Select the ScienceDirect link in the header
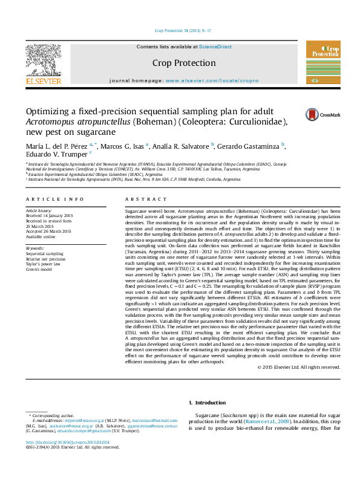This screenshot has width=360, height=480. [215, 47]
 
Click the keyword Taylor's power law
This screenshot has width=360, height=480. [44, 263]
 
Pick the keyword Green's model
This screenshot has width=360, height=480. [39, 268]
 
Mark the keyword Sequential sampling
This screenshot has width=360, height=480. [44, 254]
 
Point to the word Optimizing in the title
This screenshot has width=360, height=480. [51, 111]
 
